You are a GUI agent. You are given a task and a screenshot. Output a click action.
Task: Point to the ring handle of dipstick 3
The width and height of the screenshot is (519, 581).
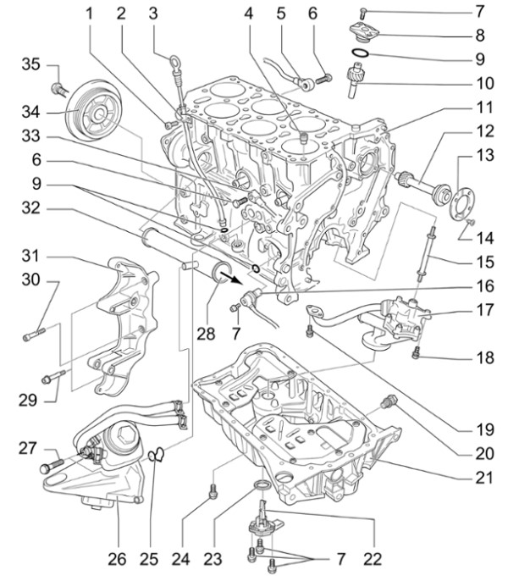point(174,61)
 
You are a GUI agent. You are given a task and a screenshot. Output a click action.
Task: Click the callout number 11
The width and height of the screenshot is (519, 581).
point(483,108)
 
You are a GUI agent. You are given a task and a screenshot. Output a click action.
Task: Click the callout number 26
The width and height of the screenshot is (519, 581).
point(116,558)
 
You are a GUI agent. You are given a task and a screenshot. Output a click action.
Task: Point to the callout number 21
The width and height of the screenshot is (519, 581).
point(483,477)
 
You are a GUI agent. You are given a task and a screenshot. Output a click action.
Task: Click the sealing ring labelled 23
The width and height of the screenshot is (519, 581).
point(263,484)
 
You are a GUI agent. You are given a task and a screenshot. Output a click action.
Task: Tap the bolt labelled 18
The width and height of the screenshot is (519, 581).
point(416,356)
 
